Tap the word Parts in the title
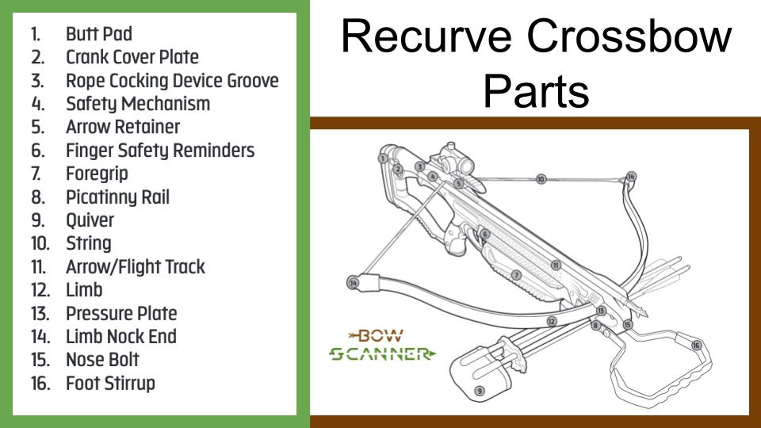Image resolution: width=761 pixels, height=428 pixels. pyautogui.click(x=536, y=90)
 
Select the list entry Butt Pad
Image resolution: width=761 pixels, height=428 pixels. pyautogui.click(x=99, y=34)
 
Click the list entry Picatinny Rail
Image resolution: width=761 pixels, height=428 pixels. pyautogui.click(x=117, y=197)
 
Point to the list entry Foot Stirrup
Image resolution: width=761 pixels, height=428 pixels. pyautogui.click(x=110, y=384)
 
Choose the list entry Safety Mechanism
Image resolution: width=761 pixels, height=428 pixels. pyautogui.click(x=138, y=103)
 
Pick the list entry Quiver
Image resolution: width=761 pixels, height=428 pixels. pyautogui.click(x=90, y=220)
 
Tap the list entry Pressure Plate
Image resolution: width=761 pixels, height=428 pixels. pyautogui.click(x=121, y=313)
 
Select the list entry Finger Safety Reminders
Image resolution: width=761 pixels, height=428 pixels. pyautogui.click(x=160, y=150)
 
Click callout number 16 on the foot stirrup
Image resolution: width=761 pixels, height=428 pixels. pyautogui.click(x=696, y=345)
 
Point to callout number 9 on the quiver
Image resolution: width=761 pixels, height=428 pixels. pyautogui.click(x=479, y=391)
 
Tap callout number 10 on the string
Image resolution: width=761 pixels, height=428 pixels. pyautogui.click(x=541, y=180)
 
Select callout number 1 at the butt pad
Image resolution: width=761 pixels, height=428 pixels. pyautogui.click(x=383, y=159)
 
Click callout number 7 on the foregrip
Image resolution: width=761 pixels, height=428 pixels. pyautogui.click(x=516, y=275)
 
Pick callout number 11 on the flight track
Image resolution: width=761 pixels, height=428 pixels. pyautogui.click(x=556, y=266)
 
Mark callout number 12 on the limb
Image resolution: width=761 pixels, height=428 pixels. pyautogui.click(x=551, y=322)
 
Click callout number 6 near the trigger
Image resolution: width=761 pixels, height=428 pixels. pyautogui.click(x=484, y=235)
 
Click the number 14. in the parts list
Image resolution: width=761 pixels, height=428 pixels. pyautogui.click(x=39, y=337)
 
